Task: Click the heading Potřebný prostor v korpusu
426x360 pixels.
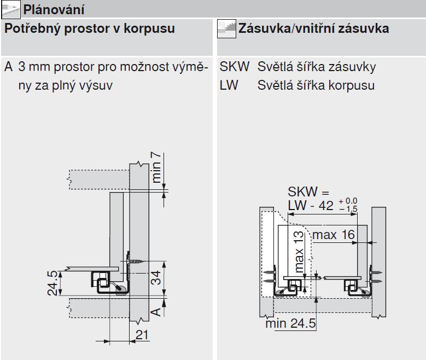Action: coord(90,29)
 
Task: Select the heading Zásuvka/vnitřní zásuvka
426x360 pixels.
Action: coord(314,29)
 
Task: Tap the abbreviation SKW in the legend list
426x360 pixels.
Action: coord(235,67)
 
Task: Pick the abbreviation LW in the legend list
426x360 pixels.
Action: coord(229,86)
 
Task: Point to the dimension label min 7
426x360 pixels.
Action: coord(157,168)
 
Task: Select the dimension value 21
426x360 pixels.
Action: coord(142,334)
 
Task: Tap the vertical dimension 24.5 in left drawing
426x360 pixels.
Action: coord(51,282)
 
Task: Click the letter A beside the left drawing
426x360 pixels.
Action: coord(156,310)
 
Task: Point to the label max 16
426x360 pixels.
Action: coord(334,235)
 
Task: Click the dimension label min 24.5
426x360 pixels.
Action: coord(290,323)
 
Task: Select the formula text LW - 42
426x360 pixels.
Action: coord(311,206)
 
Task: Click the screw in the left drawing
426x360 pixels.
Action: coord(135,262)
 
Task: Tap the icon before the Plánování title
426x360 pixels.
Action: coord(9,9)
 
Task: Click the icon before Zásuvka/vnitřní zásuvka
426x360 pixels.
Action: coord(226,28)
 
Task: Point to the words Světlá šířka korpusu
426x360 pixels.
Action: coord(316,86)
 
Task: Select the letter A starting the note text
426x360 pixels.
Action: coord(8,67)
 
